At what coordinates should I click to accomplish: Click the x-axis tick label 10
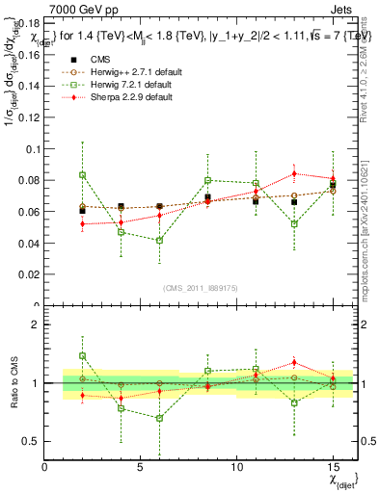point(237,467)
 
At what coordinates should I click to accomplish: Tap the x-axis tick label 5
point(141,467)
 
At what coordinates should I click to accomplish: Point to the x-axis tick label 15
point(333,467)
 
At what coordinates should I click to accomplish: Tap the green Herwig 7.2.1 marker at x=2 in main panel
point(83,175)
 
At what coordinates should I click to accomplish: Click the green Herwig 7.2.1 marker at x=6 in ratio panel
point(160,418)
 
